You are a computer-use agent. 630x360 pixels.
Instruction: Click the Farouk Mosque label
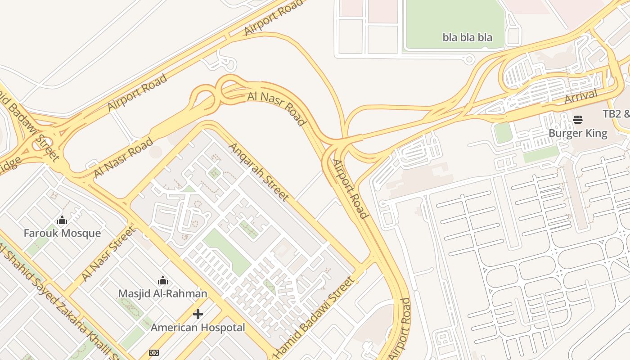62,233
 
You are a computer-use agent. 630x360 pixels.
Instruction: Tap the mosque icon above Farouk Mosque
62,220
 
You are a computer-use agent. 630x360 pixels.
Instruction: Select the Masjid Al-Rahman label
162,293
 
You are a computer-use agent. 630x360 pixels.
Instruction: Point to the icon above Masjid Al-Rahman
162,281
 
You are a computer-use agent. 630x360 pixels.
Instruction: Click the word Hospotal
223,327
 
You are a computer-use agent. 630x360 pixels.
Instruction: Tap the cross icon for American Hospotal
198,314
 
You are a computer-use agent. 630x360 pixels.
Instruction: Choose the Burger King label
578,133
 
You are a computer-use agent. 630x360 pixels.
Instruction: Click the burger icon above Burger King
578,120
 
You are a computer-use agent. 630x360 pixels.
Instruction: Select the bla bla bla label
467,37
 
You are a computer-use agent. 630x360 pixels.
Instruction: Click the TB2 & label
616,113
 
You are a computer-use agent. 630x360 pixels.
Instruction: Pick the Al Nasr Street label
108,253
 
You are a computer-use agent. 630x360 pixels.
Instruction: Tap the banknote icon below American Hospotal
154,353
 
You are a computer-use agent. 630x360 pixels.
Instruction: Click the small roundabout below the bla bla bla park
469,58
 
